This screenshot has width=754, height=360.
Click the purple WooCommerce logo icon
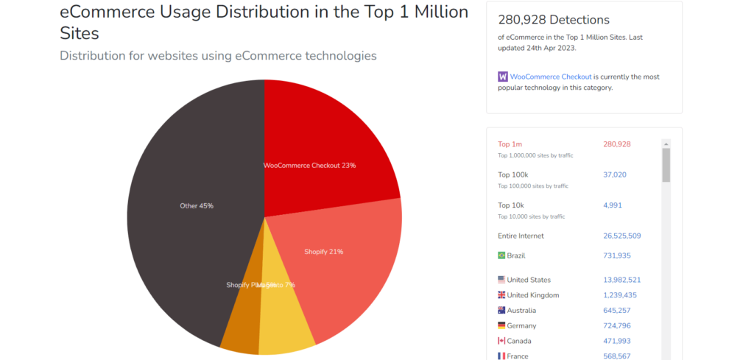click(x=503, y=77)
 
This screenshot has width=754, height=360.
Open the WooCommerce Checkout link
click(x=551, y=77)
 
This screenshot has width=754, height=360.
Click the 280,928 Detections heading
click(x=554, y=20)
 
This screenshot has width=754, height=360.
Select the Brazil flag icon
click(x=502, y=255)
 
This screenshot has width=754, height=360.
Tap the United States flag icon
click(x=502, y=280)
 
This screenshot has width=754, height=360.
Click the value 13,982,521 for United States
click(x=621, y=280)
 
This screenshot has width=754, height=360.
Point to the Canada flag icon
click(x=502, y=341)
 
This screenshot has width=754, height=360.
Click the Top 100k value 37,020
click(x=614, y=174)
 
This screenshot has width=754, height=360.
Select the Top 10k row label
click(x=512, y=205)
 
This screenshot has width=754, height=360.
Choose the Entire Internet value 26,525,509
click(x=621, y=236)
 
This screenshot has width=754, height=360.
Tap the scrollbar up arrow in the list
click(x=666, y=144)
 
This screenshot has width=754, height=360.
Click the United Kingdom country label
click(x=533, y=295)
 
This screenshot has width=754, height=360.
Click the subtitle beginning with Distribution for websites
click(x=218, y=56)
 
